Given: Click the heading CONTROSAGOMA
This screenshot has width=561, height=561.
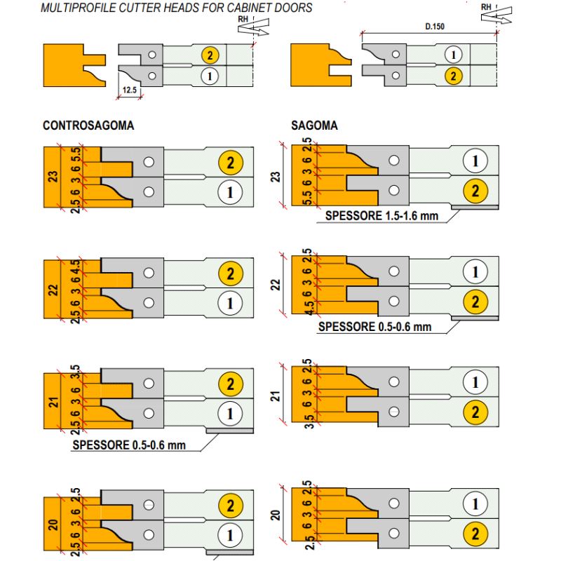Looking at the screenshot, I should click(x=88, y=126).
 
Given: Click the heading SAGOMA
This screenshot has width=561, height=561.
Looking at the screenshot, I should click(x=314, y=126).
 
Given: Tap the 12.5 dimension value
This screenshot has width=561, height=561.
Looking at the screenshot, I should click(x=129, y=90).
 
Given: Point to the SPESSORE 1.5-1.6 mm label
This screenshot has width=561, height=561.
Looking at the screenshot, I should click(x=381, y=216).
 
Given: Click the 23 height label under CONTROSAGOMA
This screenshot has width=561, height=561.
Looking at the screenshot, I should click(x=53, y=175).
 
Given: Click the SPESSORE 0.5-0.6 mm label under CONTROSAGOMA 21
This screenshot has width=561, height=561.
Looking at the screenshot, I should click(x=129, y=445).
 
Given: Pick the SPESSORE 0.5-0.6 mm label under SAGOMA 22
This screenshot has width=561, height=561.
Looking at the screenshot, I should click(x=374, y=327).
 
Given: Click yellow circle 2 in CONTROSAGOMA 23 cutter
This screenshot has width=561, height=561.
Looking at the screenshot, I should click(x=230, y=163).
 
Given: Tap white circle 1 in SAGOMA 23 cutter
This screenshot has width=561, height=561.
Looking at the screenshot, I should click(x=475, y=161).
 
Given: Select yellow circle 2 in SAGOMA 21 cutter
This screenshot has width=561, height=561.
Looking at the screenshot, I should click(x=475, y=412).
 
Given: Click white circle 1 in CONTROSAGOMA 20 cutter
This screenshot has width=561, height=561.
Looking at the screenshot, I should click(x=230, y=534).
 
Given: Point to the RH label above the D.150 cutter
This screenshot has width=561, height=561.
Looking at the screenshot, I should click(x=486, y=6).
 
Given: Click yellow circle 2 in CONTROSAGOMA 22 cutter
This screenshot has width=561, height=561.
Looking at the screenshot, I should click(x=230, y=273).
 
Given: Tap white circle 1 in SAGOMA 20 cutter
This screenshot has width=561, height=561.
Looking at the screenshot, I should click(x=475, y=504).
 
